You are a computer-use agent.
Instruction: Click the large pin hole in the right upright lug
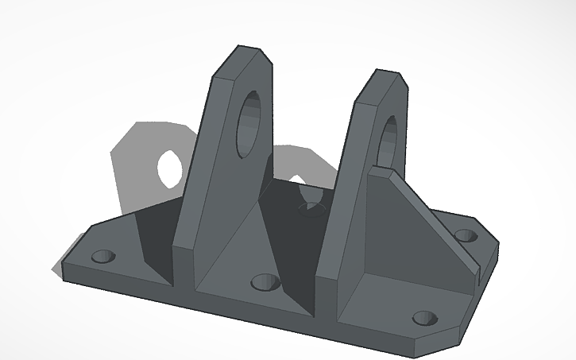coord(391,140)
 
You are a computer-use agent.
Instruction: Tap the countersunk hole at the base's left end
coord(103,257)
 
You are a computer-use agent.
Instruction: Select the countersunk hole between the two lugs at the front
coord(264,283)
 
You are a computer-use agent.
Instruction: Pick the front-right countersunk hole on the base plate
coord(425,319)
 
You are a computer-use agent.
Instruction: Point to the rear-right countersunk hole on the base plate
coord(466,235)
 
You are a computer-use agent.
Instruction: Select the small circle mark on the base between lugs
coord(311,207)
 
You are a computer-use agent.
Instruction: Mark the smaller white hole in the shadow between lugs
coord(297,183)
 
